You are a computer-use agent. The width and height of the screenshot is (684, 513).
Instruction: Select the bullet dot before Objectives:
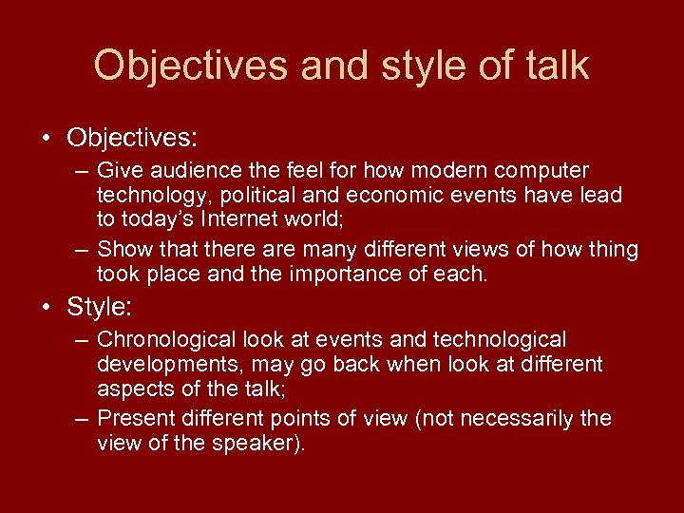[x=47, y=138]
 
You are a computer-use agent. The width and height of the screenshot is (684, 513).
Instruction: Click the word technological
[x=499, y=340]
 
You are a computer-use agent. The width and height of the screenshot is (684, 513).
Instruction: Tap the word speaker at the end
[x=249, y=443]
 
